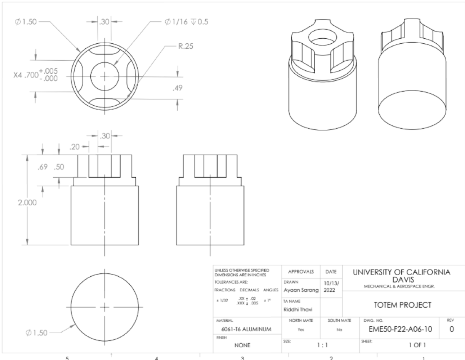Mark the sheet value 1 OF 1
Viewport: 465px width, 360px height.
[406, 345]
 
